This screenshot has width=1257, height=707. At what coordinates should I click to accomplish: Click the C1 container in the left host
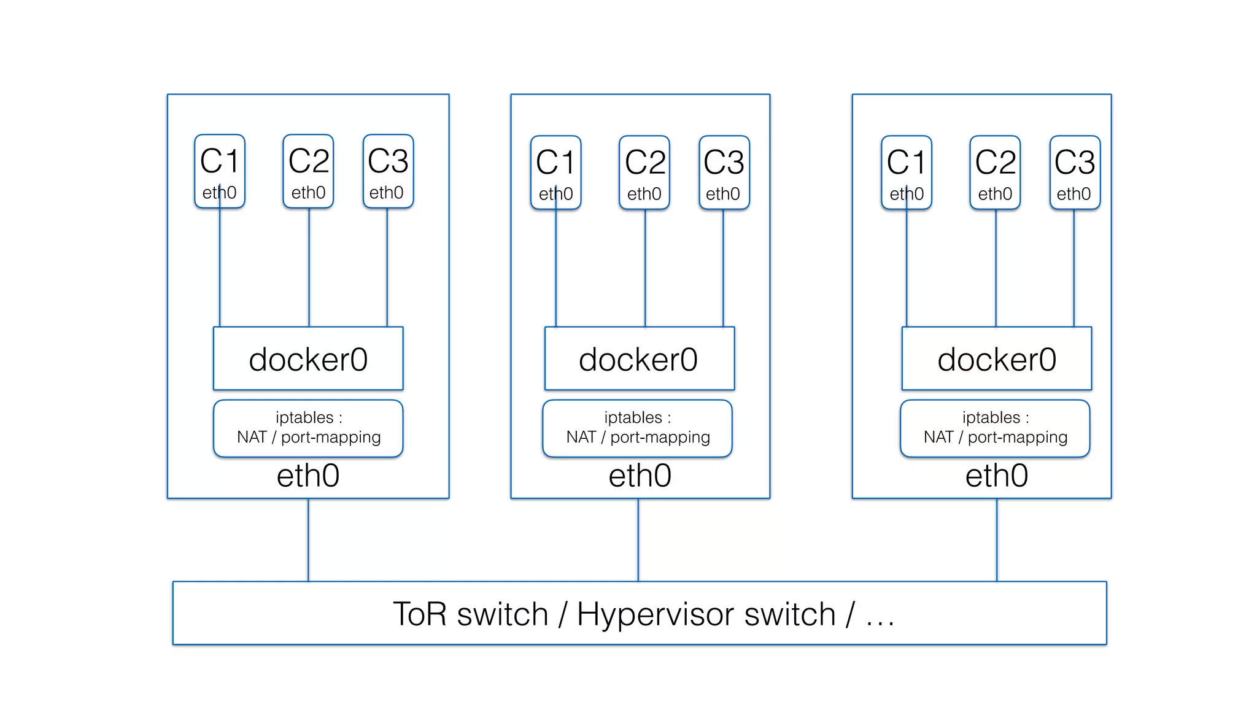[219, 172]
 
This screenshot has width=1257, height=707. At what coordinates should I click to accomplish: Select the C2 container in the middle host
[644, 173]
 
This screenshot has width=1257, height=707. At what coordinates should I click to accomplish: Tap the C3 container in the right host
[1075, 173]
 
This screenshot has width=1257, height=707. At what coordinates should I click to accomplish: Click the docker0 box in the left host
[308, 358]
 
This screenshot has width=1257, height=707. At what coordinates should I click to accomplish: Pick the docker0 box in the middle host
[639, 358]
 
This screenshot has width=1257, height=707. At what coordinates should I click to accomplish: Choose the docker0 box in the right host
[996, 358]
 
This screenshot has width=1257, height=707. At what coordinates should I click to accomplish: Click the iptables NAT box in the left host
[308, 428]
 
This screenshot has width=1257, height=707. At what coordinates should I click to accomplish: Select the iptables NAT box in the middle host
[637, 428]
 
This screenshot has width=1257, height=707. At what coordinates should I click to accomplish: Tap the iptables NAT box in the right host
[994, 428]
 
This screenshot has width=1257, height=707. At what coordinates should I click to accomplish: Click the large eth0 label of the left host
[308, 476]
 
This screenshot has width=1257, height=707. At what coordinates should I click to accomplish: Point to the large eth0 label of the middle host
[640, 476]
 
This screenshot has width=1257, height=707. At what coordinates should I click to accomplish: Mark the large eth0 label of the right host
[996, 476]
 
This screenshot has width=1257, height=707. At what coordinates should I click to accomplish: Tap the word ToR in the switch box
[420, 614]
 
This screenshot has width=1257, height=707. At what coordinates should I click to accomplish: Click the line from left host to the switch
[308, 540]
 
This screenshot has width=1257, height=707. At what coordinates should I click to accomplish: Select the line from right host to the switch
[997, 540]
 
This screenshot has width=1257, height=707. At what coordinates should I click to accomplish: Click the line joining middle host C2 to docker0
[645, 268]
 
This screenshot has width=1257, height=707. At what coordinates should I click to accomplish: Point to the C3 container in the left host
[388, 172]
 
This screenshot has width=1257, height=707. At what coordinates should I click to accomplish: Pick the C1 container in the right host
[907, 173]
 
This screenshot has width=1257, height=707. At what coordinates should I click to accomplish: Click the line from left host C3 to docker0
[387, 268]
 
